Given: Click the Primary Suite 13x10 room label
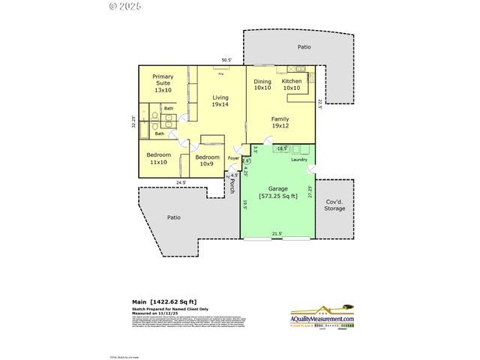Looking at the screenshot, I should [x=163, y=83].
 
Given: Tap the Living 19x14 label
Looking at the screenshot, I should [x=220, y=101].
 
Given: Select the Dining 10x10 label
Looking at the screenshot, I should [x=262, y=85].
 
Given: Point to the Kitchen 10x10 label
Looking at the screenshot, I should [x=292, y=85].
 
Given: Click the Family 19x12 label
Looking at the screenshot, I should [x=280, y=122].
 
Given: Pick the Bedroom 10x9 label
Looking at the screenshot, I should [x=206, y=161].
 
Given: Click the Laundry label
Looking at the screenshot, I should [x=300, y=159].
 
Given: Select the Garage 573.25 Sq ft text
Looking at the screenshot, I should [x=277, y=192].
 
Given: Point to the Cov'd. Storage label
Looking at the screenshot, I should [x=334, y=205].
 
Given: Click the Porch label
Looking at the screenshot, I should [x=232, y=185].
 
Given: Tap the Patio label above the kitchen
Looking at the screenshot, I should [x=304, y=46].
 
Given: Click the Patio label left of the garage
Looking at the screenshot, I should [x=173, y=217].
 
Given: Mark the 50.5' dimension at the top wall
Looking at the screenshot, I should [x=226, y=61].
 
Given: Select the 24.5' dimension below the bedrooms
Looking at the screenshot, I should [x=181, y=182].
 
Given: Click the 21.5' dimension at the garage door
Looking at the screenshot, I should [x=277, y=234].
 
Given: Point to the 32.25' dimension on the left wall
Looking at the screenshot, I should [x=134, y=122].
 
